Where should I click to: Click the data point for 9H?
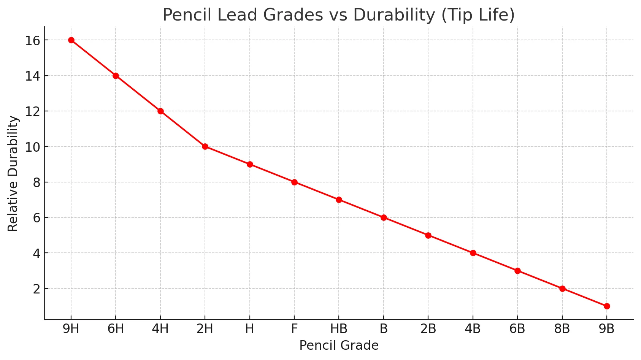click(x=71, y=40)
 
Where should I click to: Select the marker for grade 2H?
click(x=205, y=147)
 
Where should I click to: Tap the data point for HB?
click(x=339, y=200)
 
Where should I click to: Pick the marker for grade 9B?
click(x=607, y=306)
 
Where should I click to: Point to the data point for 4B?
click(x=473, y=253)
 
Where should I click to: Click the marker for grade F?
click(x=294, y=182)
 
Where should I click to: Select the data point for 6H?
click(x=116, y=76)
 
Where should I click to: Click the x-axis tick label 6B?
click(x=517, y=329)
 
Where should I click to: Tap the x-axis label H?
click(x=249, y=329)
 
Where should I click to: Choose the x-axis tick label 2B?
click(x=428, y=329)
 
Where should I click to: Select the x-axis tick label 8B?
click(x=562, y=329)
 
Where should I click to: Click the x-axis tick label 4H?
click(x=160, y=329)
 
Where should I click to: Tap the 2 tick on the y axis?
click(x=36, y=289)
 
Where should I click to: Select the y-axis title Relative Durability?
click(x=13, y=173)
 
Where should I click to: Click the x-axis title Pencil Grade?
click(x=339, y=346)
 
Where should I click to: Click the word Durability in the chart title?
click(x=394, y=15)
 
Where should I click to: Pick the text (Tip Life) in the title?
click(x=478, y=15)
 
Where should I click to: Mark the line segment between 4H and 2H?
click(x=182, y=129)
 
